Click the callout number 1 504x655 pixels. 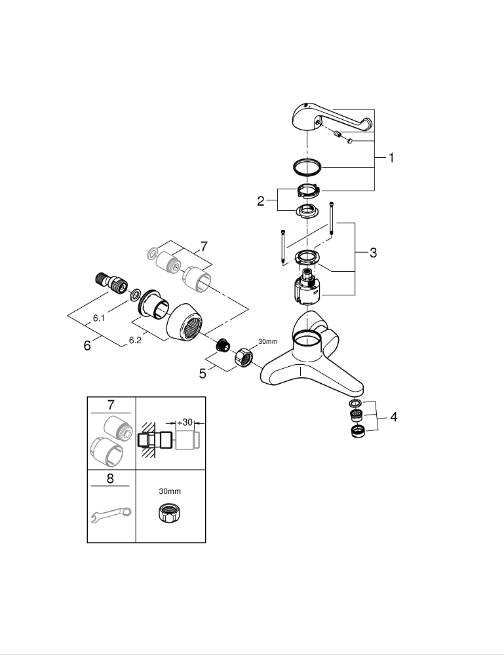(391, 158)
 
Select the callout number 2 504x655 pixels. (261, 201)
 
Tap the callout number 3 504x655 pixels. (373, 253)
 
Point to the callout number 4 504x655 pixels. (393, 417)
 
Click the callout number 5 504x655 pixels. (204, 373)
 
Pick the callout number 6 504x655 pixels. (87, 345)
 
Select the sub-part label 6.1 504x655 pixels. (99, 318)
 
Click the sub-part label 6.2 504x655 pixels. (135, 341)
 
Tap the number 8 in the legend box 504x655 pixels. (110, 479)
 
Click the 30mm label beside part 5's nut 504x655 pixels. (269, 341)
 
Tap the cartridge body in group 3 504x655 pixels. (306, 289)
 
